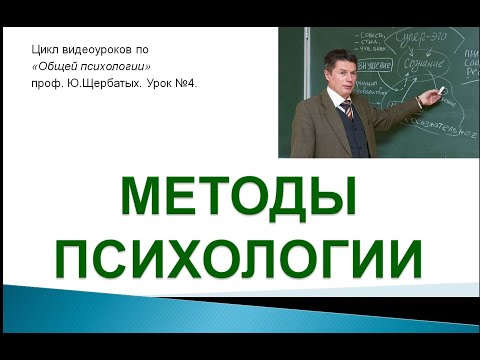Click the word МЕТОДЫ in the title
click(x=239, y=196)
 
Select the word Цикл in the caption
click(x=46, y=49)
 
